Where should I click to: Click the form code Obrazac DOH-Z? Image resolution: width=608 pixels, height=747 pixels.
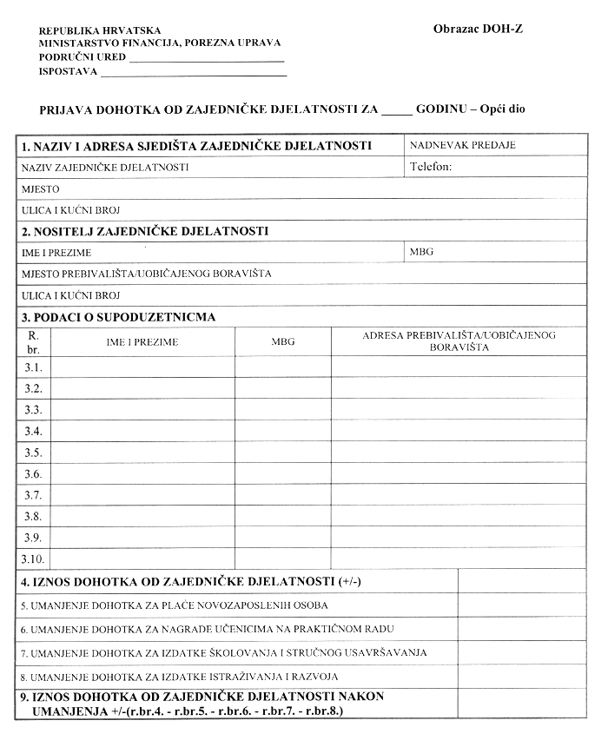click(478, 29)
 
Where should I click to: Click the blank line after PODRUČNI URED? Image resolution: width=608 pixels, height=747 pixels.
click(206, 57)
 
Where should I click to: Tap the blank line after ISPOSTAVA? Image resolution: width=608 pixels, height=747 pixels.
click(194, 72)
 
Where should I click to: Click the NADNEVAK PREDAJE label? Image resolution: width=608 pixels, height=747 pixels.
click(462, 145)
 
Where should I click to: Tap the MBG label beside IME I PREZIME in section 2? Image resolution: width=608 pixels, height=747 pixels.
click(421, 252)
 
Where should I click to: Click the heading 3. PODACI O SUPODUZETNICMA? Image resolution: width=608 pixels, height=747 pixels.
click(119, 316)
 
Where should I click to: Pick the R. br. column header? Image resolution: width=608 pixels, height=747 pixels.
click(34, 340)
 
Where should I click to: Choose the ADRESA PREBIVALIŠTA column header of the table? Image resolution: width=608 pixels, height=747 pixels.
click(459, 340)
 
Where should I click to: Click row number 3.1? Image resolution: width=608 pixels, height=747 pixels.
click(34, 366)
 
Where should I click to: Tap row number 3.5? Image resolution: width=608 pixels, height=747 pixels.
click(34, 452)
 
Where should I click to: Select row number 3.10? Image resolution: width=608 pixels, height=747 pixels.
click(34, 559)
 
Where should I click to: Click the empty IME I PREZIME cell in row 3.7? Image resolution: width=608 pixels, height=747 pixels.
click(143, 494)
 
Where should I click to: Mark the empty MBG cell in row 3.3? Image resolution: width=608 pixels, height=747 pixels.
click(282, 409)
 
